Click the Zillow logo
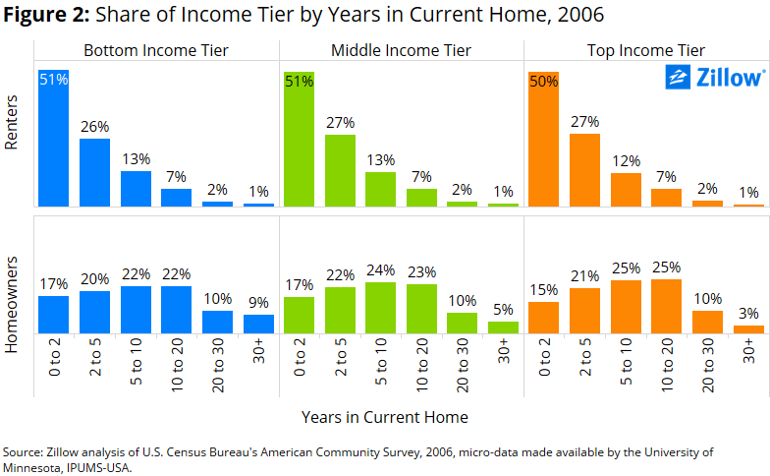point(715,78)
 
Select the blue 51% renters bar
point(53,138)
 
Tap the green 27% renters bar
point(340,171)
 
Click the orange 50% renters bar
point(544,140)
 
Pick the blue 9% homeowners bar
point(259,325)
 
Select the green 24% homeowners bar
point(381,308)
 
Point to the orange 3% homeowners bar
point(748,329)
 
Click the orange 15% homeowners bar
point(544,318)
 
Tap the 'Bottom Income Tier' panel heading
point(156,50)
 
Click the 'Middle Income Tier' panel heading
point(401,50)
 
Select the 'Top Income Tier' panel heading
point(646,50)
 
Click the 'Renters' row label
point(11,122)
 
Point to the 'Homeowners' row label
point(11,305)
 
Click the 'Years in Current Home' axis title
point(385,417)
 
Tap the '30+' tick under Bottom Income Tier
point(259,350)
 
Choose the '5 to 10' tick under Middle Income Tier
point(381,362)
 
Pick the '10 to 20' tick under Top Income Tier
point(667,364)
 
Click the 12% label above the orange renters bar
point(627,161)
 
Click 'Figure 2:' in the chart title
point(47,15)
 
